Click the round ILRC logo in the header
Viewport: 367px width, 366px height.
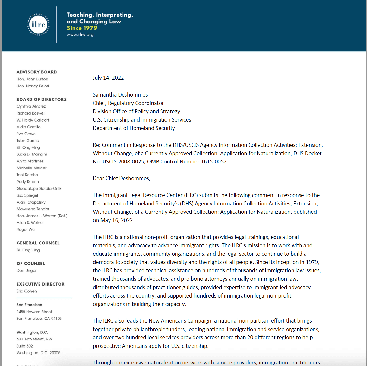(38, 25)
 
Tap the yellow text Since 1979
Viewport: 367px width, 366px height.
(82, 28)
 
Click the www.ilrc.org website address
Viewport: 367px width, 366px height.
(80, 35)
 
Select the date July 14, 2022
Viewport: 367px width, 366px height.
(108, 78)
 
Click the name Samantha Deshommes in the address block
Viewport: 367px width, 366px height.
(120, 95)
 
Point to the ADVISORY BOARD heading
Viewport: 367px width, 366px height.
(37, 72)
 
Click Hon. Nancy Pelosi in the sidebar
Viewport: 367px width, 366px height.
(33, 86)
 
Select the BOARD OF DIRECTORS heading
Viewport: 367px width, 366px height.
(42, 100)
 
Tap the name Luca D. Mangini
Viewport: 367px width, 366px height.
(32, 154)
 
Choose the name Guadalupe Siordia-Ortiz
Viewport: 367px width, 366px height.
(39, 188)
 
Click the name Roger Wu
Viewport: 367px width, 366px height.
(26, 230)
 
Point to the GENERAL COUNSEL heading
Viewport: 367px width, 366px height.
(38, 243)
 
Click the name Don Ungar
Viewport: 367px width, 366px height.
(27, 271)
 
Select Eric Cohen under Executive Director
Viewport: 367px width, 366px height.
(27, 291)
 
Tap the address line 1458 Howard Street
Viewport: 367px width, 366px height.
(34, 312)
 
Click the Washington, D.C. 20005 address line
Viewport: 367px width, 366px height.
(38, 353)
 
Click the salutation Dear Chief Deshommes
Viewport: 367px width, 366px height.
(122, 178)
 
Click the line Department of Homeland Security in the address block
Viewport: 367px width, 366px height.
(134, 128)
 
